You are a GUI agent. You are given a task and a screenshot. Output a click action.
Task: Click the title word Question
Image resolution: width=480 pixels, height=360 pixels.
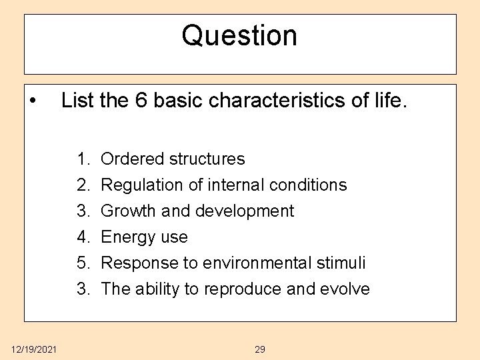click(x=239, y=35)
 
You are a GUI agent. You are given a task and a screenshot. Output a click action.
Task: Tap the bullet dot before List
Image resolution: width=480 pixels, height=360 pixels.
click(x=33, y=102)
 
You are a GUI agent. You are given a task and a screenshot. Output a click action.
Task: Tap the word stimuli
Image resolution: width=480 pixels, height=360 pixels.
click(x=343, y=263)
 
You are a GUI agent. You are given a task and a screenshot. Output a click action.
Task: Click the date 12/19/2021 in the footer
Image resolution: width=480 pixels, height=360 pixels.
click(x=34, y=349)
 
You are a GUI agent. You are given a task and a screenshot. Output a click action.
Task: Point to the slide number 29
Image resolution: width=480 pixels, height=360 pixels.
click(x=260, y=349)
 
